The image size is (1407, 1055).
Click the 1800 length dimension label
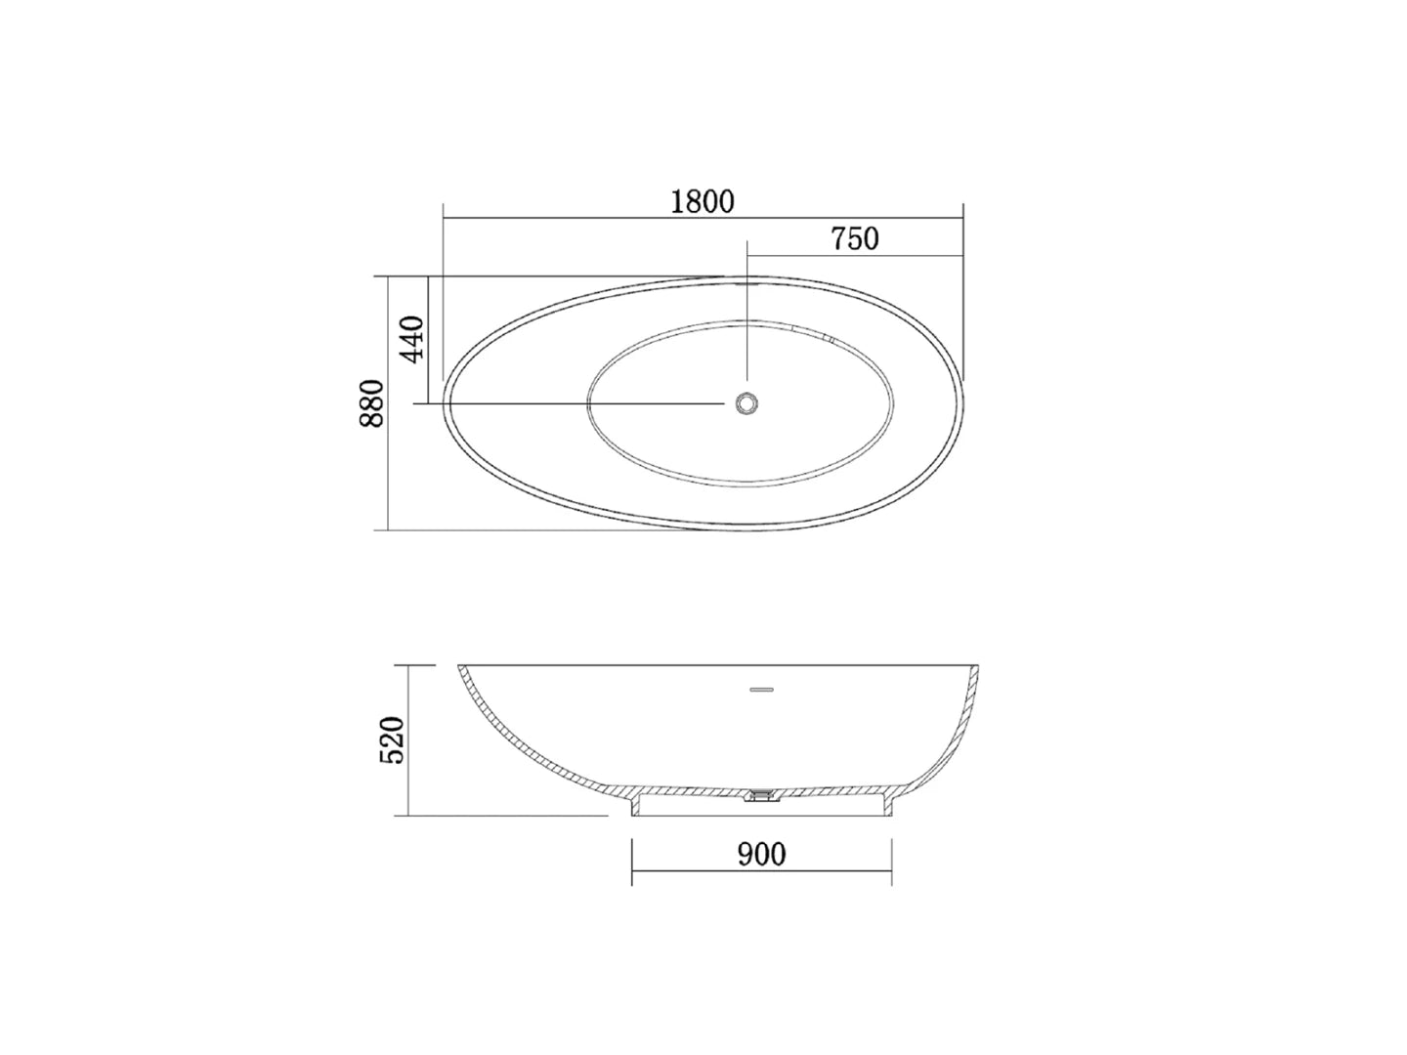click(x=703, y=201)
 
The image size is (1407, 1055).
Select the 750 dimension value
click(x=855, y=238)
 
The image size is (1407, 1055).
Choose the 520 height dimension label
click(x=391, y=740)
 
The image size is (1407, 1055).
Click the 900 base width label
click(x=761, y=855)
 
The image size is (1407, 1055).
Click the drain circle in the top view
click(x=747, y=402)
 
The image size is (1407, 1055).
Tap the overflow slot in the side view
click(x=761, y=690)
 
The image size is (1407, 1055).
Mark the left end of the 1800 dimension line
click(x=444, y=219)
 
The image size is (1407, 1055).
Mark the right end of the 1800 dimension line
click(x=963, y=219)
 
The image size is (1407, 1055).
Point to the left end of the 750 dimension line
click(x=747, y=257)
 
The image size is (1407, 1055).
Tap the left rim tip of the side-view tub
click(x=460, y=667)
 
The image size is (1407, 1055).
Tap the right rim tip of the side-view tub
click(x=979, y=667)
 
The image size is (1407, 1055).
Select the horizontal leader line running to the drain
click(x=576, y=402)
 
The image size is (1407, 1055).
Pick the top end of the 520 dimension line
click(x=407, y=665)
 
